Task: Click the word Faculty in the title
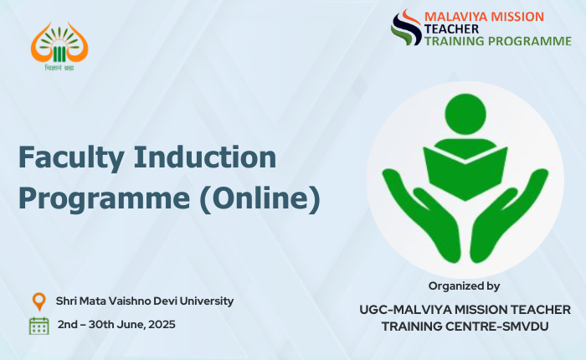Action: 71,158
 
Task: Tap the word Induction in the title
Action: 205,157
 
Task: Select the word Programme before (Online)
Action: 105,199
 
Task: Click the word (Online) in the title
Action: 260,198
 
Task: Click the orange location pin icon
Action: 39,301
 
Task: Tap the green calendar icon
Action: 39,326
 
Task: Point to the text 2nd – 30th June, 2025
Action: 116,324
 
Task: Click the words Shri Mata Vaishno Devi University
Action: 145,301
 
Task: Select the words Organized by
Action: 464,286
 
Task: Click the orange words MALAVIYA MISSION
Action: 484,17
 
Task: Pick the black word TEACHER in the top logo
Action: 451,29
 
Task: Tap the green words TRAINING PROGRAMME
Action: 498,41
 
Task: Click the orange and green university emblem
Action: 59,42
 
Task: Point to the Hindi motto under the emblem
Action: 59,68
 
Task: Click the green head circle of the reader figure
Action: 465,114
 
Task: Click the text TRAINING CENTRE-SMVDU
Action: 465,327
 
